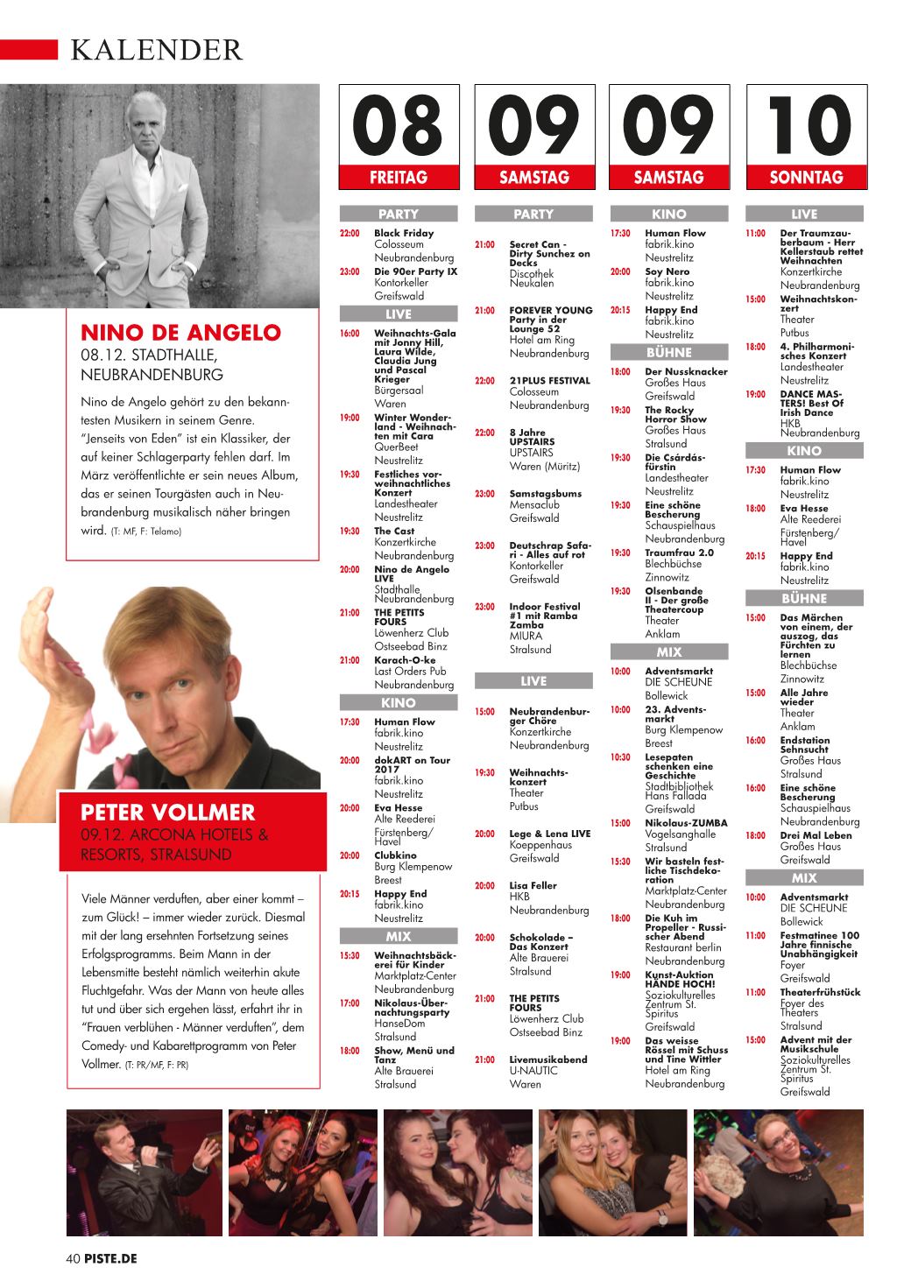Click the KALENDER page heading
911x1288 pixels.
tap(156, 50)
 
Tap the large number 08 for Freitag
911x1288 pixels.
tap(398, 125)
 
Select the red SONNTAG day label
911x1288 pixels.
tap(806, 177)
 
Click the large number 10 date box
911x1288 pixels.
tap(806, 125)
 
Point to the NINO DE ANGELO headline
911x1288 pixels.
tap(180, 333)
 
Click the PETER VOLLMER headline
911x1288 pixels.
tap(167, 812)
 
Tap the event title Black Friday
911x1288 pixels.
tap(404, 233)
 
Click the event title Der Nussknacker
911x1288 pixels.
tap(686, 371)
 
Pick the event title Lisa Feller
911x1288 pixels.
tap(533, 885)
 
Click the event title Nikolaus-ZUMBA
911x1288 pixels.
tap(686, 823)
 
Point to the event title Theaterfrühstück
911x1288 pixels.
tap(820, 992)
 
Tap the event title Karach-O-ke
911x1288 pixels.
tap(405, 660)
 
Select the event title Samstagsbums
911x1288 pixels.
tap(545, 494)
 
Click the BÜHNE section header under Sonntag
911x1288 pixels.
tap(804, 599)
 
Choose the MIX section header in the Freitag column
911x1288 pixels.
tap(398, 936)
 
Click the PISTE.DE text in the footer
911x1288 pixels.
tap(111, 1259)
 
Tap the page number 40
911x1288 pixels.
tap(73, 1259)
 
